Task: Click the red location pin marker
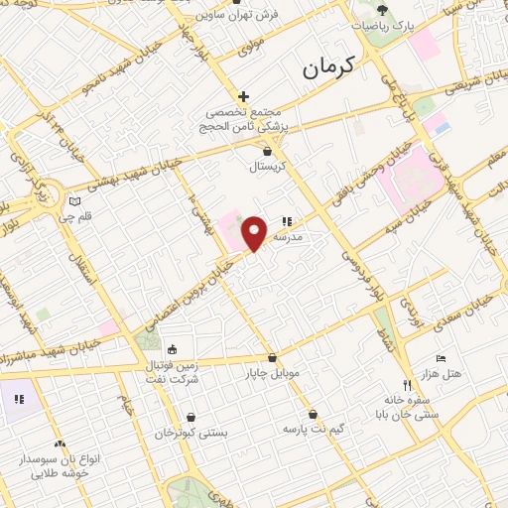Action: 255,232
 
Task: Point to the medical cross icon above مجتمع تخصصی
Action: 243,95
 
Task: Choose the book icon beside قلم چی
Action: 73,200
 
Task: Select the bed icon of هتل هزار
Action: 442,358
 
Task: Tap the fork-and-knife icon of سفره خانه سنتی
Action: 405,385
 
